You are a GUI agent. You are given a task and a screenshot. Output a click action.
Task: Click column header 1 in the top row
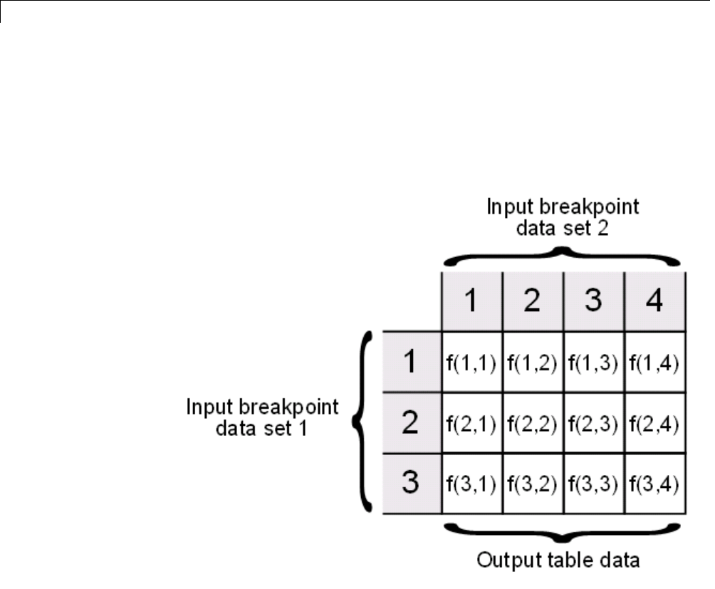point(471,301)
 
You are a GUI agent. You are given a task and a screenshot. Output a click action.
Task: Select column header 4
point(656,301)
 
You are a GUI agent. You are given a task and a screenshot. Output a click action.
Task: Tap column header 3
point(594,301)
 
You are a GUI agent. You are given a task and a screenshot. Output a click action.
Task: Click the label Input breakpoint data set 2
point(563,218)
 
